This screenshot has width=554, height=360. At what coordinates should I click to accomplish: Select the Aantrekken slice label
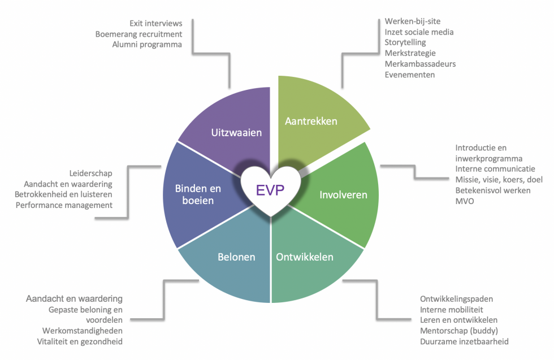(x=311, y=121)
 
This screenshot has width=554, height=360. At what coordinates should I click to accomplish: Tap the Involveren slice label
(x=343, y=195)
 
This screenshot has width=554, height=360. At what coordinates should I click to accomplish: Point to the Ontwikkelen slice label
(x=305, y=257)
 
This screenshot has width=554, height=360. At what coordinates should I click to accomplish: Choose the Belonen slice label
(x=236, y=257)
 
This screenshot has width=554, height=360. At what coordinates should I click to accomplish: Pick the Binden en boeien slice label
(x=198, y=194)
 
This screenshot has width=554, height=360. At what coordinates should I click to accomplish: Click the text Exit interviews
(x=156, y=23)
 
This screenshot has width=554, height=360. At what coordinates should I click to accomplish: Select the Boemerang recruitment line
(x=139, y=34)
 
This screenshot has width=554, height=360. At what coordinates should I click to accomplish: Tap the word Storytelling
(x=405, y=42)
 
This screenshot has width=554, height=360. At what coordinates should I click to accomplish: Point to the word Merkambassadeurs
(x=420, y=64)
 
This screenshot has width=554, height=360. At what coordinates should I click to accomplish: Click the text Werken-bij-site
(x=412, y=21)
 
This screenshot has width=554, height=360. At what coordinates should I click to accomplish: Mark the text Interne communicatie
(x=495, y=169)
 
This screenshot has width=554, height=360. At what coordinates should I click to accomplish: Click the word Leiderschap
(x=91, y=173)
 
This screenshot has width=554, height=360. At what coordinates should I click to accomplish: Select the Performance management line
(x=64, y=205)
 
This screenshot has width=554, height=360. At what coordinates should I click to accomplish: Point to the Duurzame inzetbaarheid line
(x=464, y=341)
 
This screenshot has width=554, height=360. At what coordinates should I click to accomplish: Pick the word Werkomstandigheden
(x=82, y=331)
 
